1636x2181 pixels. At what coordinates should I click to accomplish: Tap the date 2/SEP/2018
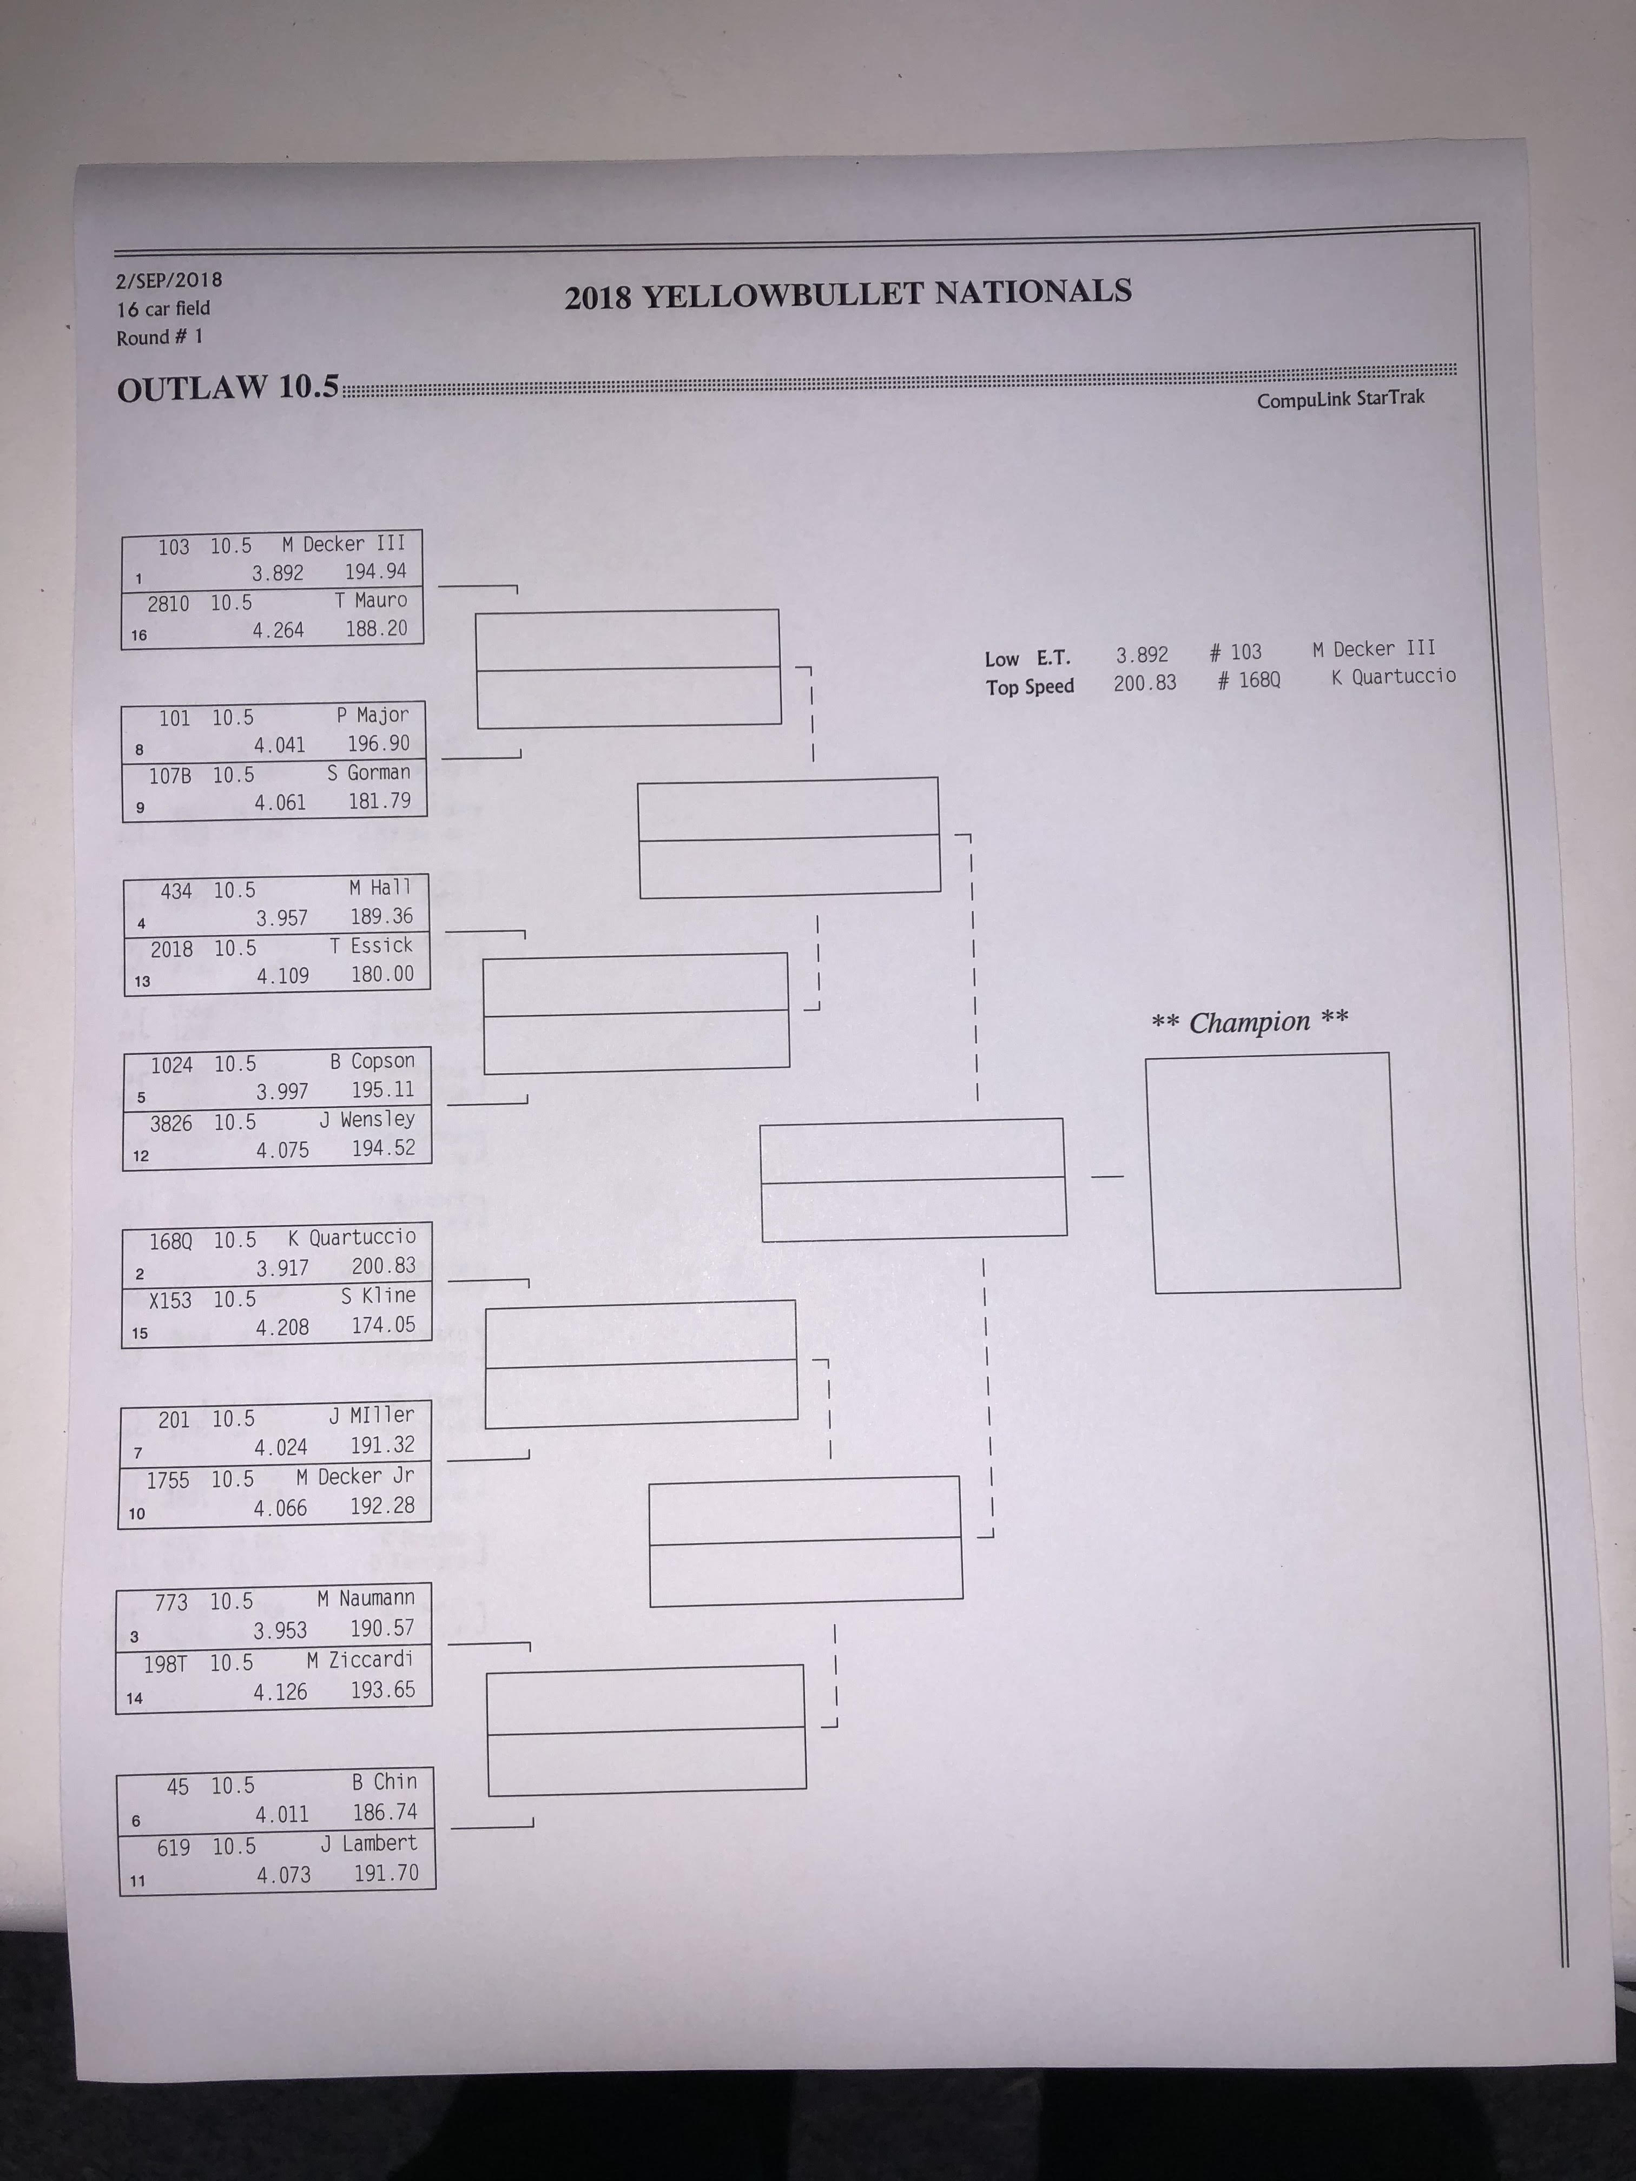click(x=169, y=280)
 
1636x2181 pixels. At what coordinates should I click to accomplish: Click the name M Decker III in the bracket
click(x=343, y=543)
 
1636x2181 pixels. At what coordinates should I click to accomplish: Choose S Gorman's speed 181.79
click(x=380, y=801)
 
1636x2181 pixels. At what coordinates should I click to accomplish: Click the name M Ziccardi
click(x=360, y=1661)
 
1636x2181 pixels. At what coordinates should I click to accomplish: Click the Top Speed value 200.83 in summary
click(x=1145, y=682)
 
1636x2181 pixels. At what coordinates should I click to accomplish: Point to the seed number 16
click(x=139, y=635)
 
